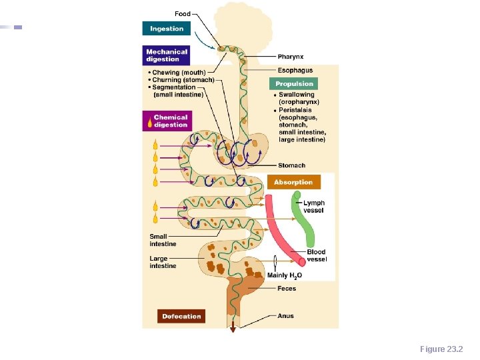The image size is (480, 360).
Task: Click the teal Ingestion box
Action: click(167, 29)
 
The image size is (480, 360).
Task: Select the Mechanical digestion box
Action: click(167, 55)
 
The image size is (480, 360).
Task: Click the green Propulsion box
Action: click(294, 84)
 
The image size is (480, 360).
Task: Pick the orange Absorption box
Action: click(293, 182)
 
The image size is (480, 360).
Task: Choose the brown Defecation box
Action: click(181, 317)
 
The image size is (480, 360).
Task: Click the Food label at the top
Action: click(183, 14)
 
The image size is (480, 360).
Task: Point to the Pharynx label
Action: click(291, 57)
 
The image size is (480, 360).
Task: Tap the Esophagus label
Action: click(295, 71)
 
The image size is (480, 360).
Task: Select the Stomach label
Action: click(291, 165)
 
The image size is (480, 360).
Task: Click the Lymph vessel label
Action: click(314, 207)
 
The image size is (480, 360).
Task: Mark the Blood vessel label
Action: click(317, 255)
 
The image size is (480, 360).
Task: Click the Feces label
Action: click(287, 289)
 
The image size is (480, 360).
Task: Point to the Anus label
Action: click(285, 316)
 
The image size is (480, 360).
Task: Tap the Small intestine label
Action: click(163, 240)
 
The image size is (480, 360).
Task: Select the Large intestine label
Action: click(163, 262)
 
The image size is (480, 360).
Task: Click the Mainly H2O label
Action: click(285, 275)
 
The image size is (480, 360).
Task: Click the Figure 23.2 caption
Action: click(441, 349)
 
